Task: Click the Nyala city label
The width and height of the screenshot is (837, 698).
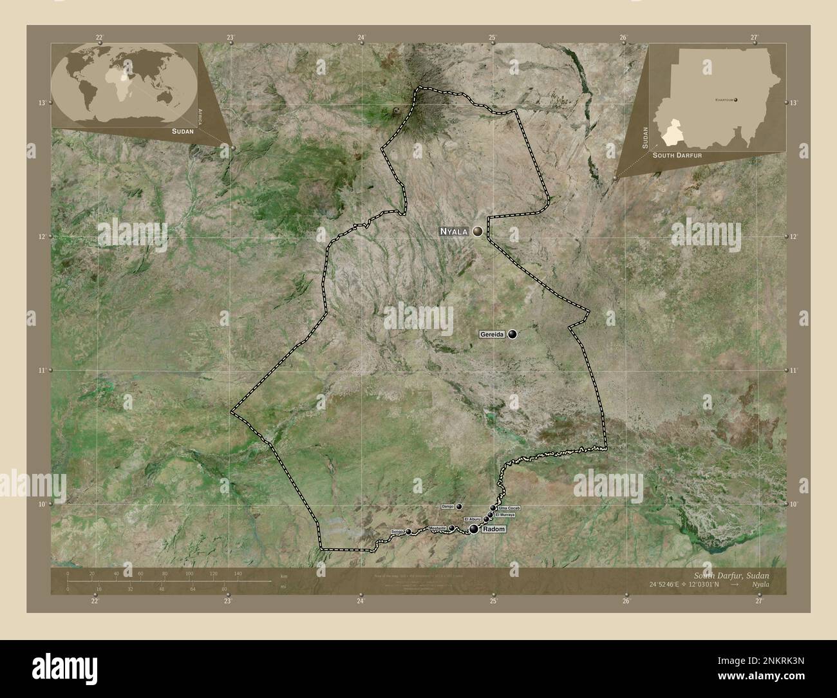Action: [x=455, y=231]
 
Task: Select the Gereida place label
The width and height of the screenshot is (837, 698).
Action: [x=492, y=334]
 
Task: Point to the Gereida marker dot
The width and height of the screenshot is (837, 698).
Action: [x=513, y=334]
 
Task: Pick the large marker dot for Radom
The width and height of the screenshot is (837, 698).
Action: [x=475, y=529]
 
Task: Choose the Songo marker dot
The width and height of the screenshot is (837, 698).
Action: [x=408, y=532]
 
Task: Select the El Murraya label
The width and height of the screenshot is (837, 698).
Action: [x=505, y=515]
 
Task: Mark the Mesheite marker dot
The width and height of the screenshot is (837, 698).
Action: [x=451, y=529]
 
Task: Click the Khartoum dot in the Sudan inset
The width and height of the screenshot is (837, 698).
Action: [x=736, y=100]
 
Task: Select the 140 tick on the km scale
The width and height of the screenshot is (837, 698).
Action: [x=238, y=573]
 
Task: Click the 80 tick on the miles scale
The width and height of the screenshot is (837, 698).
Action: [x=224, y=589]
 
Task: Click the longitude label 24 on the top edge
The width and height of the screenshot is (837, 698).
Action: [x=361, y=38]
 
